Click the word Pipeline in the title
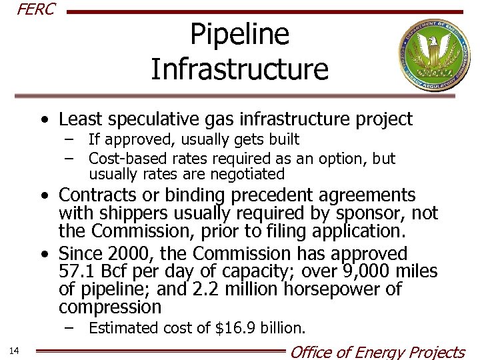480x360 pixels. [239, 34]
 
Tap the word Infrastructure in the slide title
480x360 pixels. [239, 69]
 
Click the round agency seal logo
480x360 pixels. [433, 55]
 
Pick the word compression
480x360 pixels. [110, 307]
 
